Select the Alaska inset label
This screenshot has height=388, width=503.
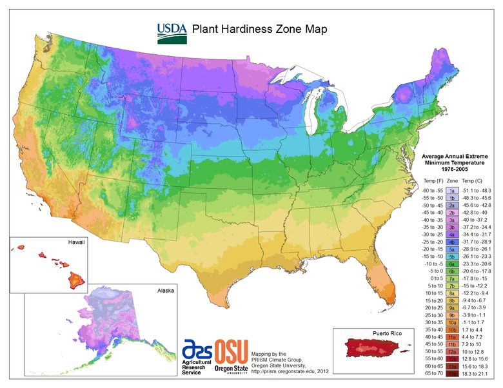point(166,291)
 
